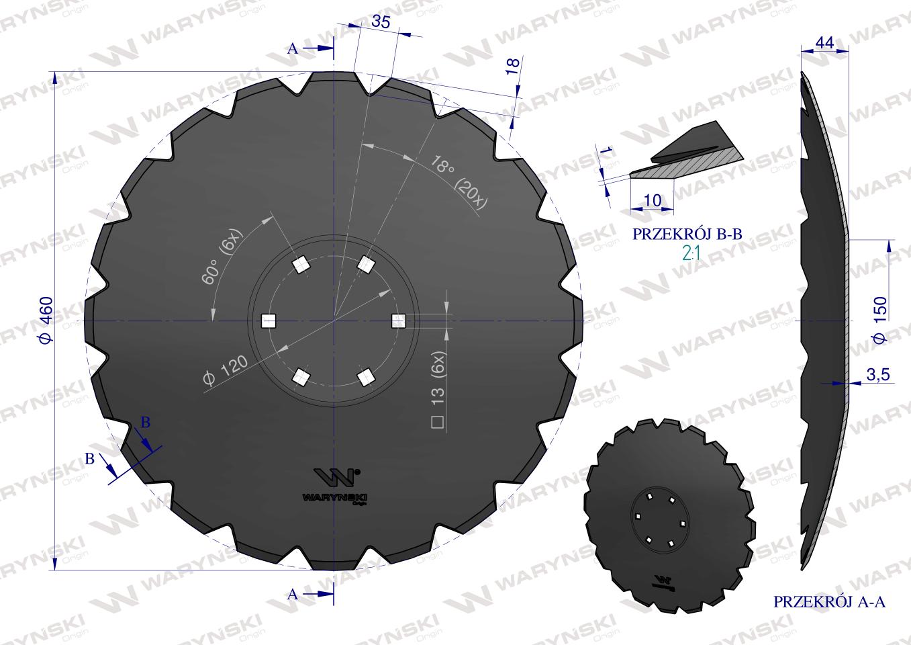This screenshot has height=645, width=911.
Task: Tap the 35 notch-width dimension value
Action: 380,22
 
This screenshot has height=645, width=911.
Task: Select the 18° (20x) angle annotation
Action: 461,179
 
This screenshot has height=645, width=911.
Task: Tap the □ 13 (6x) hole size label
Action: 440,390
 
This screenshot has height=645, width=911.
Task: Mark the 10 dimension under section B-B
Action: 652,200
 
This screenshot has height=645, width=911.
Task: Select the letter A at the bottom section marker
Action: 292,594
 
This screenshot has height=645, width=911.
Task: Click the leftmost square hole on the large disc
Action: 268,321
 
